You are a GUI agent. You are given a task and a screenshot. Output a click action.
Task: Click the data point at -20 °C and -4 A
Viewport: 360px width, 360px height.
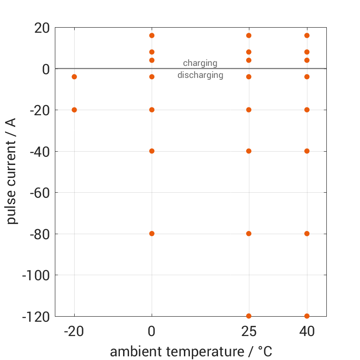74,77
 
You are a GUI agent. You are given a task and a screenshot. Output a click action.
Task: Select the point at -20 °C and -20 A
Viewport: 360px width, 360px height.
74,110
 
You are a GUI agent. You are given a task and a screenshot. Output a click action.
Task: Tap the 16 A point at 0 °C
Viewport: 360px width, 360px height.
152,35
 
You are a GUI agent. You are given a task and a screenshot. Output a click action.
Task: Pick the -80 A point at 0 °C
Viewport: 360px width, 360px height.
152,233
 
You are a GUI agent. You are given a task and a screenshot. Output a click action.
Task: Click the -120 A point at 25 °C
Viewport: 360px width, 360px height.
249,316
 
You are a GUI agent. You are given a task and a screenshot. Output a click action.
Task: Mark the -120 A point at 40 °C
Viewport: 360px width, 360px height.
307,316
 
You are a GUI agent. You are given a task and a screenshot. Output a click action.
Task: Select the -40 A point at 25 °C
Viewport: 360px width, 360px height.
249,151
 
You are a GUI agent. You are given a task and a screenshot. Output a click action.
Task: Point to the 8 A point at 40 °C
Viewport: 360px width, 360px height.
307,52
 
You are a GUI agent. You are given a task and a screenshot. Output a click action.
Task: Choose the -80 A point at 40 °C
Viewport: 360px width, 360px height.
307,233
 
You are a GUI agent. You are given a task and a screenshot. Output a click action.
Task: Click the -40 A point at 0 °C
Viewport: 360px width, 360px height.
152,151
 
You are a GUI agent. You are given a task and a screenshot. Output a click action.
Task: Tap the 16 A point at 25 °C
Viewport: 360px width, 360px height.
249,35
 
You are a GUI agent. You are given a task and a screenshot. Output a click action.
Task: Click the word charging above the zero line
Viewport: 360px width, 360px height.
200,63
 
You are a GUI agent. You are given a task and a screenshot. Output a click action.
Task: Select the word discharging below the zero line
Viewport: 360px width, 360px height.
200,75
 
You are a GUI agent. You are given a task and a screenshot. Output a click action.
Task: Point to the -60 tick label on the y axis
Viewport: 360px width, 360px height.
39,193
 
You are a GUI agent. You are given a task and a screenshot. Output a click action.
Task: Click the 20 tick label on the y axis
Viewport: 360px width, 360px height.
42,28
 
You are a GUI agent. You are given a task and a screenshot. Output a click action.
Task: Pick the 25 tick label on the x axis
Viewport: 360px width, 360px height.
249,332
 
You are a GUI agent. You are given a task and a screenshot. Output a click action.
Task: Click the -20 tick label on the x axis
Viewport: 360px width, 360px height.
74,332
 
